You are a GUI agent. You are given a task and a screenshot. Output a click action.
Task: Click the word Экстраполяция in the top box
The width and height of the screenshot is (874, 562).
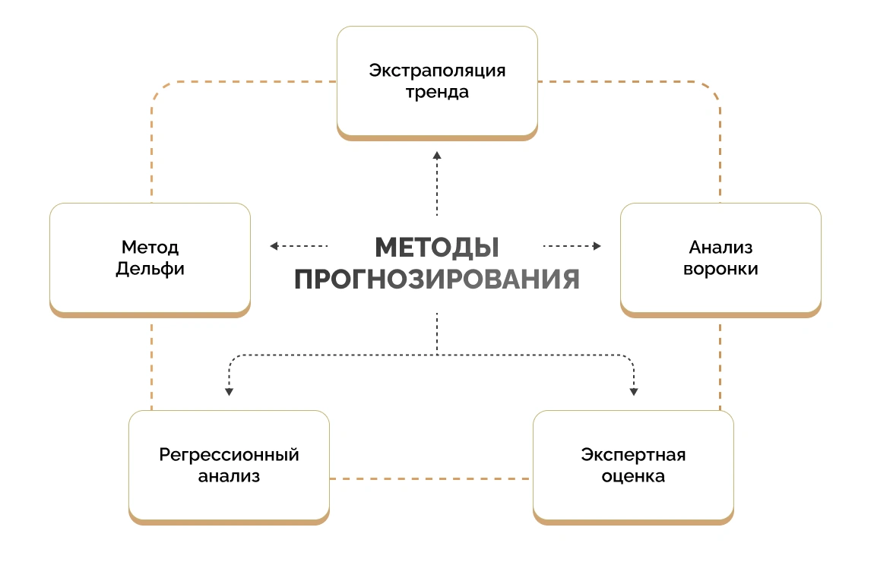437,71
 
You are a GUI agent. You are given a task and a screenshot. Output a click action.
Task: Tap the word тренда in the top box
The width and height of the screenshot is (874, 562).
437,93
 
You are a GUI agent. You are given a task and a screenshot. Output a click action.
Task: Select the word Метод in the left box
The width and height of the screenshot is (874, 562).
150,247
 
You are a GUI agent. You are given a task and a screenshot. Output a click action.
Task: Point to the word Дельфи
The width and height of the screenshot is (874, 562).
150,269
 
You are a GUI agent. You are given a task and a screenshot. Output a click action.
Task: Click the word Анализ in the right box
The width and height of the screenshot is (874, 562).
720,247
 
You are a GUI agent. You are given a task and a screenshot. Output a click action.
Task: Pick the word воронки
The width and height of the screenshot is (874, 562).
720,269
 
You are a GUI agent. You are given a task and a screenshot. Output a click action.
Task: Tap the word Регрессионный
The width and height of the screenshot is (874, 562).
229,455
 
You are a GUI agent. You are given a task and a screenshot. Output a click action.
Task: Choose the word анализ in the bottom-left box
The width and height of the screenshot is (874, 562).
229,477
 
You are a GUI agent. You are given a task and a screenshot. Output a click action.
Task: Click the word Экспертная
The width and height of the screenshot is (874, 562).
633,455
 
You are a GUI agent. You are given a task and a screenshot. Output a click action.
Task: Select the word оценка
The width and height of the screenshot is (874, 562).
633,477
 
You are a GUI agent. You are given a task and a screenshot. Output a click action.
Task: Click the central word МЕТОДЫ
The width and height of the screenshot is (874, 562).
437,248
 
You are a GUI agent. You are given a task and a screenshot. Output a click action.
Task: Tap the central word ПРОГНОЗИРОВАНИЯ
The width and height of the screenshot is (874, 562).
437,279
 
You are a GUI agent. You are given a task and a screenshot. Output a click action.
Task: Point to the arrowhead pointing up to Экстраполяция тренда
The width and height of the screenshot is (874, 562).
437,155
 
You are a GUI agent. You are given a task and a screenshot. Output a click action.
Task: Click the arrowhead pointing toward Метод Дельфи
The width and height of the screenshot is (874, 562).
274,246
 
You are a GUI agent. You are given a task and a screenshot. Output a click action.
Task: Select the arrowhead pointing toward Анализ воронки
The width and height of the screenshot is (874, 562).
597,246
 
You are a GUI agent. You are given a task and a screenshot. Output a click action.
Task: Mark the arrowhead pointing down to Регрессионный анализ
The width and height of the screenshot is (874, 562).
229,392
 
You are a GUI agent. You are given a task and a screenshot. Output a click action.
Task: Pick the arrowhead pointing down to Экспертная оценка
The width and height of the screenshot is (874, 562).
634,392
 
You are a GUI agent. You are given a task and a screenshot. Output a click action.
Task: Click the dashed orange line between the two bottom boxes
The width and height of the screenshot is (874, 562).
431,478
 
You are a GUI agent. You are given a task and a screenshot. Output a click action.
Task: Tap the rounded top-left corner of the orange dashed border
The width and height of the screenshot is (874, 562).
159,89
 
